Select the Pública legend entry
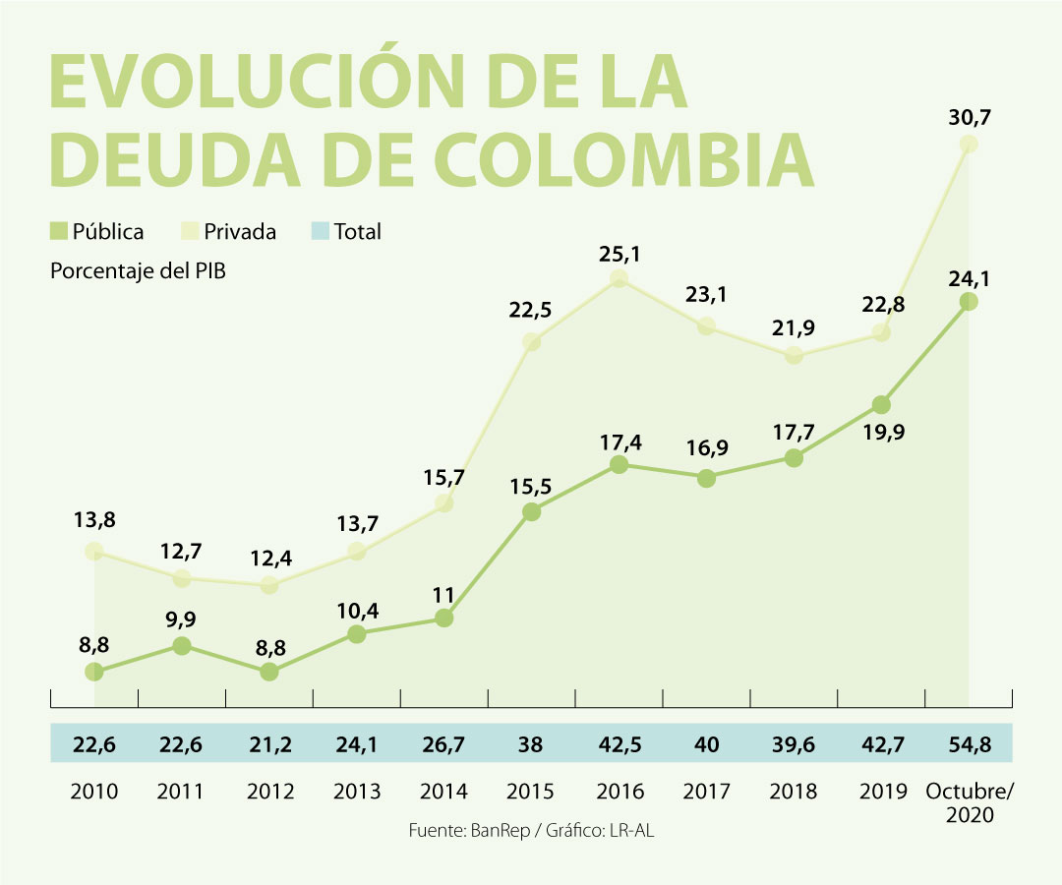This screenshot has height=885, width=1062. [97, 232]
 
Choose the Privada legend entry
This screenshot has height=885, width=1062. [229, 232]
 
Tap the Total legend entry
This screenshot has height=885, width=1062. [346, 232]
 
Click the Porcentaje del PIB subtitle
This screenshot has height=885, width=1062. [138, 270]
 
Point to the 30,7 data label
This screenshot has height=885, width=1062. [969, 116]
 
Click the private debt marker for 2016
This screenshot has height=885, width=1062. [619, 280]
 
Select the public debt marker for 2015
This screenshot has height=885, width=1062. [531, 511]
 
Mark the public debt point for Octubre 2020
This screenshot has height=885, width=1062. [969, 302]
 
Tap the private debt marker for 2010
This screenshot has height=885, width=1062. [94, 552]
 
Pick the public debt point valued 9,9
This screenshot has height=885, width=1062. [182, 646]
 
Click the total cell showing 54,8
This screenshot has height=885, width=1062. [970, 744]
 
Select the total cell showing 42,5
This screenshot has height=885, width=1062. [619, 744]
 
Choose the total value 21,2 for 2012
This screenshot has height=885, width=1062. [269, 744]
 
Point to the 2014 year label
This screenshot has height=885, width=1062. [443, 791]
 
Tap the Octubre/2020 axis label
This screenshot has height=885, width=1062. [970, 802]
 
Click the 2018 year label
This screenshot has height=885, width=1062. [795, 791]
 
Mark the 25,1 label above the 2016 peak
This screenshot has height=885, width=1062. [619, 255]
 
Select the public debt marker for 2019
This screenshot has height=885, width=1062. [881, 405]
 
